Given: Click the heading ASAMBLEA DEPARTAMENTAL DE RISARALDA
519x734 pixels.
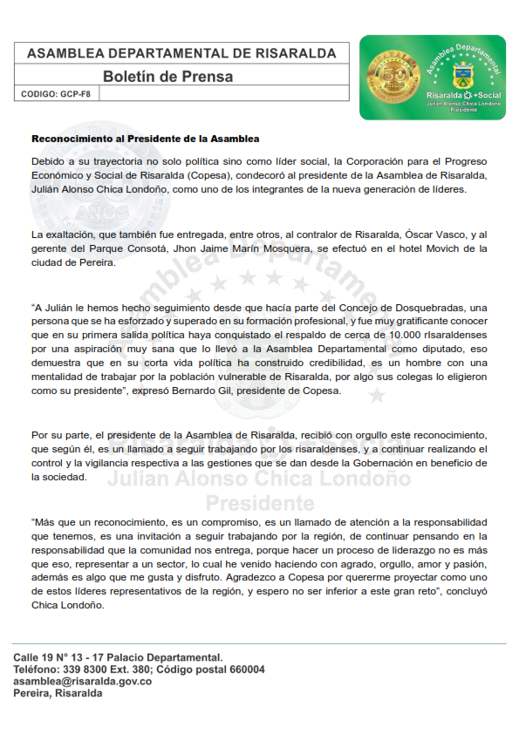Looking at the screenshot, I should [181, 53].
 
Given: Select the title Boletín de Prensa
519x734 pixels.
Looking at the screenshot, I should [167, 77].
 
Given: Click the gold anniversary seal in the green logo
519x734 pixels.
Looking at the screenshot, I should [392, 78].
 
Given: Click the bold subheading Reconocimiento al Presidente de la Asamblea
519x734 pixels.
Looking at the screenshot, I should [146, 139].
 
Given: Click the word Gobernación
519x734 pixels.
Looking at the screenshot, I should [379, 463].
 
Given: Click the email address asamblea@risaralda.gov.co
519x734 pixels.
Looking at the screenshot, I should [83, 681].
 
